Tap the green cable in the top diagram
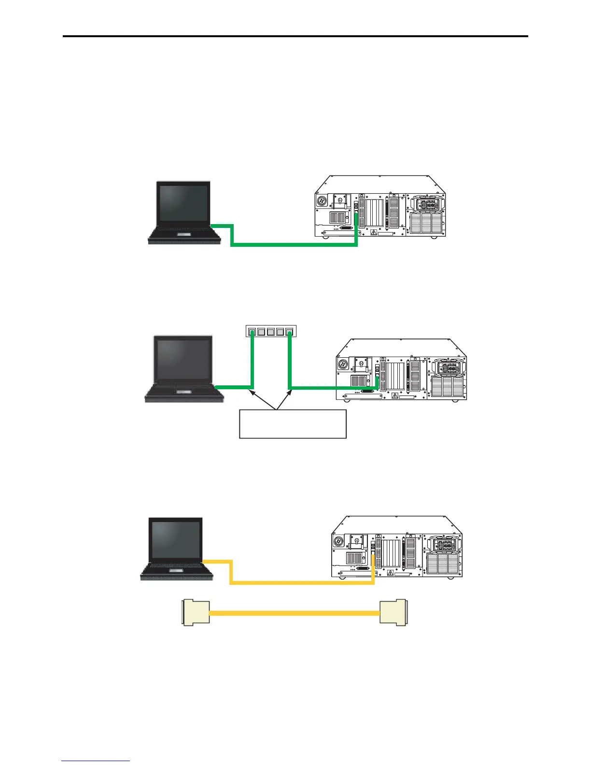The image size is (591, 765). pos(295,245)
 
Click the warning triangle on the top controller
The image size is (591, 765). pos(373,232)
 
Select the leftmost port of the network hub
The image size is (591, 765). pos(252,332)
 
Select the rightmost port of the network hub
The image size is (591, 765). pos(289,332)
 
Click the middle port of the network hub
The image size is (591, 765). pos(270,332)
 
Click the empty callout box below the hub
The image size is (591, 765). pos(293,424)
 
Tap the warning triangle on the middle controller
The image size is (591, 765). pos(394,396)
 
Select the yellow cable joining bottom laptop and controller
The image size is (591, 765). pos(299,583)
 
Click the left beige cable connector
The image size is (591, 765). pos(195,613)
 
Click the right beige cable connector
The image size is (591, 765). pos(393,613)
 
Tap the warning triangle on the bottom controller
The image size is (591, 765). pos(390,573)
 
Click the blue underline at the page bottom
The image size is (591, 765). pos(96,762)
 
